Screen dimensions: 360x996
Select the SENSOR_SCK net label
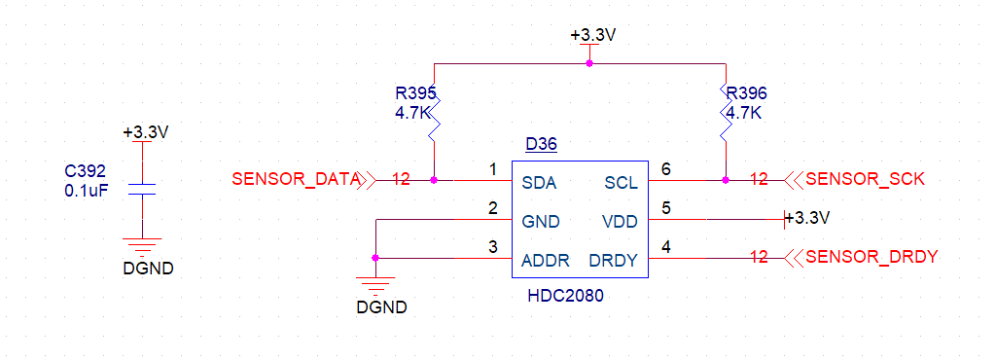[865, 179]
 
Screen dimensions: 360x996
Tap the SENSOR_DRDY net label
[871, 257]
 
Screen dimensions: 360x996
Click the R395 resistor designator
[415, 94]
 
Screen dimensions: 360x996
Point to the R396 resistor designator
[746, 94]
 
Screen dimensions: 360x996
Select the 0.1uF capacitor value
[86, 191]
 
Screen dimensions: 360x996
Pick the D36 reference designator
[541, 145]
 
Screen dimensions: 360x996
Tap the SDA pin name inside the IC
[540, 182]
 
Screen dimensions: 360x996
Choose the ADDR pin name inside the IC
[545, 260]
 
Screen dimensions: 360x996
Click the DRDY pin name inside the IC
[613, 260]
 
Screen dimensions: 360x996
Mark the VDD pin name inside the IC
[620, 221]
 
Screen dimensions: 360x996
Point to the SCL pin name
[621, 182]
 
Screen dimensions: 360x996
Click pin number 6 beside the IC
[666, 168]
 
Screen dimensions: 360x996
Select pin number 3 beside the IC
[493, 246]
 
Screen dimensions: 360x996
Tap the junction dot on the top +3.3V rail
[589, 63]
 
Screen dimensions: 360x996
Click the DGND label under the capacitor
[148, 268]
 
